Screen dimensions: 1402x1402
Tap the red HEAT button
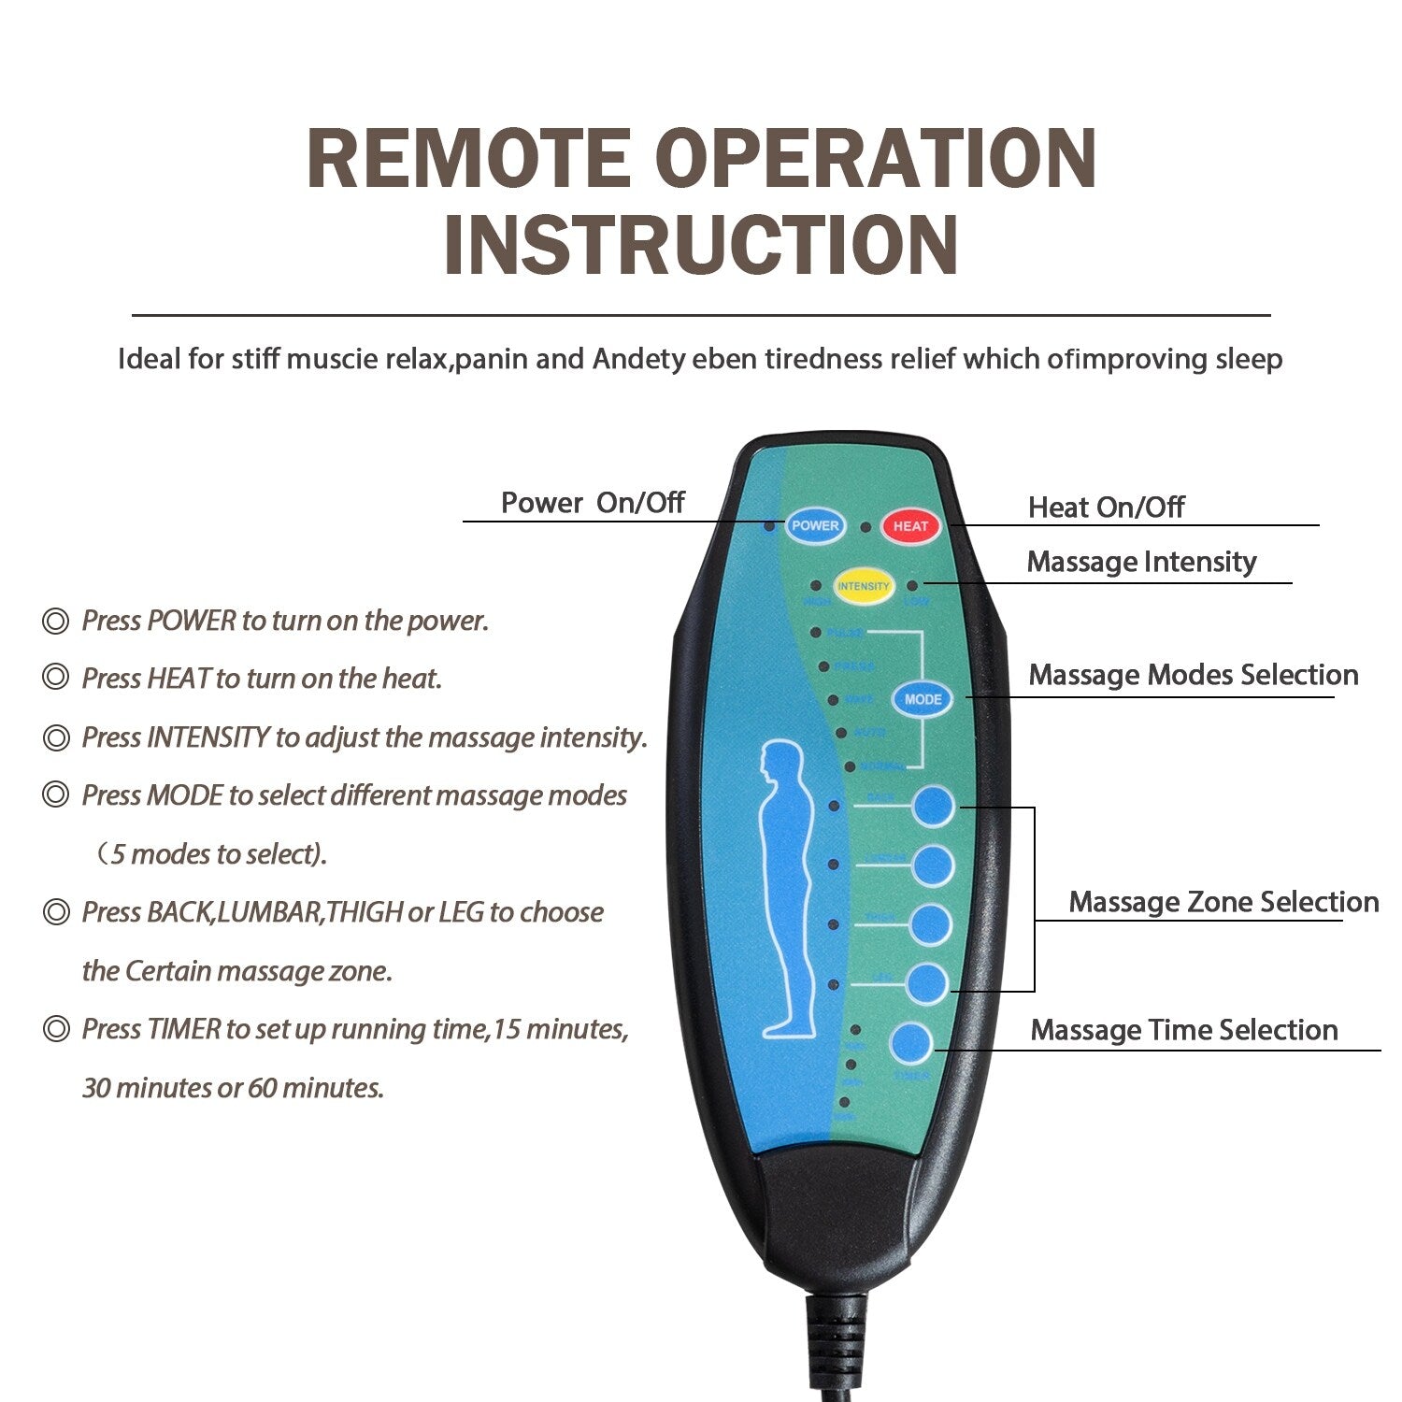910,526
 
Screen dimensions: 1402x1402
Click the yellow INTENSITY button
863,586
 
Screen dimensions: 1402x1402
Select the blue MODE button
923,699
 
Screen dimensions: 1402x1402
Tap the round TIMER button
911,1044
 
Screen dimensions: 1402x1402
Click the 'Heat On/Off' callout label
1106,508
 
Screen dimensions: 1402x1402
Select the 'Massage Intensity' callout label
1141,562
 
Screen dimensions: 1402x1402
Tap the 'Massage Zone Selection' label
1223,902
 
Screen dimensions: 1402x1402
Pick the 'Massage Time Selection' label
1183,1030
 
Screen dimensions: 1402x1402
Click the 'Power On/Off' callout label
593,503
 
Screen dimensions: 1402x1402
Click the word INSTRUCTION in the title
701,245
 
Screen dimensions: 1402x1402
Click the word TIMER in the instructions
184,1029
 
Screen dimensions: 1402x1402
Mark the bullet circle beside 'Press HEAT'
56,679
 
